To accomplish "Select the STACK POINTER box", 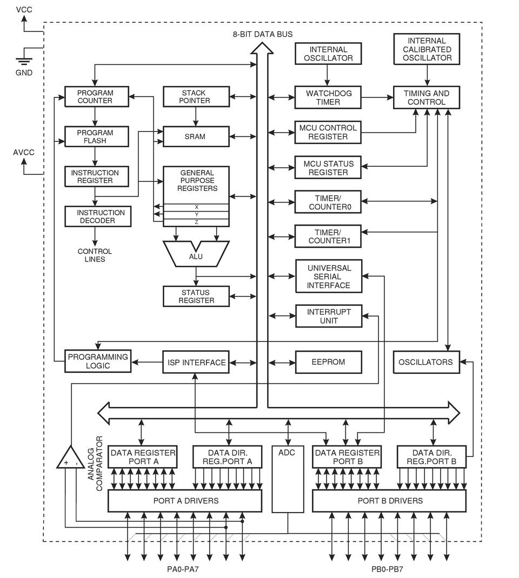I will tap(194, 97).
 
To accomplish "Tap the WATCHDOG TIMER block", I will tap(328, 97).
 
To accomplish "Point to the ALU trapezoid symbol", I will tap(196, 254).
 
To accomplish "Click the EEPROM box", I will tap(328, 362).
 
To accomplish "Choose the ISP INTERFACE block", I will tap(195, 362).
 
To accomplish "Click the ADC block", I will tap(287, 479).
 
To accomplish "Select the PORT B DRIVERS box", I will tap(390, 501).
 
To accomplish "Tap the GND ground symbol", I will tap(23, 62).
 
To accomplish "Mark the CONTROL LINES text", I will tap(95, 255).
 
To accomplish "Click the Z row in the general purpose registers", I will tap(196, 222).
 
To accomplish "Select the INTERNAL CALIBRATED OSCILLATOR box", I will tap(427, 49).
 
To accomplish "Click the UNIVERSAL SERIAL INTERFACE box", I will tap(329, 276).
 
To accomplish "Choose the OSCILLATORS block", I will tap(425, 362).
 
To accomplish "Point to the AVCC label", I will tap(23, 153).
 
